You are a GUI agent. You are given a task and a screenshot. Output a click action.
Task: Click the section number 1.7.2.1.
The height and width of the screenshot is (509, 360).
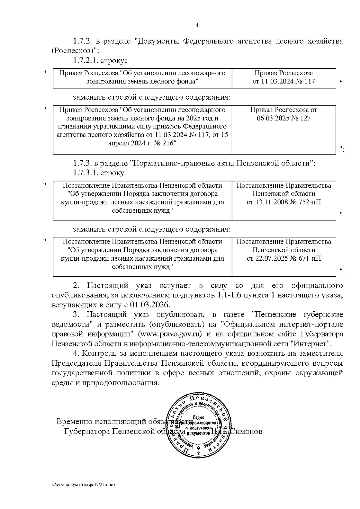[x=85, y=61]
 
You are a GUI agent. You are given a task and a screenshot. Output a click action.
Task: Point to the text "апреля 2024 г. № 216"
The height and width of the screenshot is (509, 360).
[x=142, y=143]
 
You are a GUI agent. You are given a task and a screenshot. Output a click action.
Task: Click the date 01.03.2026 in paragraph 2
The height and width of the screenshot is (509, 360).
[x=150, y=305]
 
